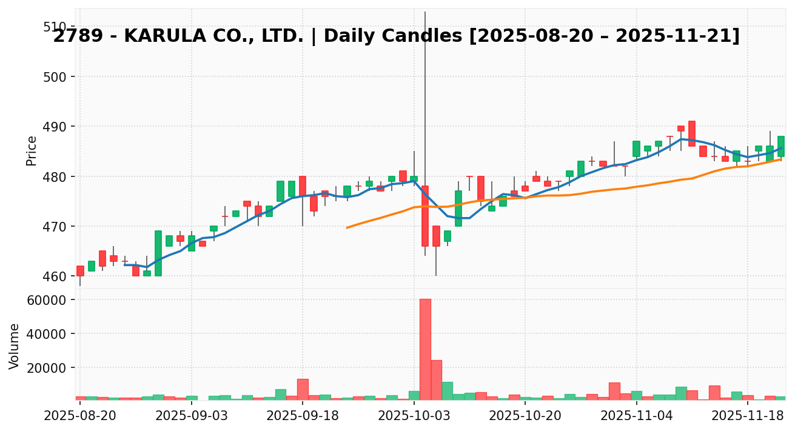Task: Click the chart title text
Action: pyautogui.click(x=397, y=36)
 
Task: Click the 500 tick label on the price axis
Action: pyautogui.click(x=55, y=76)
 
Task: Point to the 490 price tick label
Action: pyautogui.click(x=55, y=126)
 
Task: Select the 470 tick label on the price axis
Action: pyautogui.click(x=55, y=226)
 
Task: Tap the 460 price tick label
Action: pyautogui.click(x=55, y=276)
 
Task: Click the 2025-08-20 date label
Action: pyautogui.click(x=79, y=417)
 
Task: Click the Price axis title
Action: pyautogui.click(x=32, y=150)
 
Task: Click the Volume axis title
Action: pyautogui.click(x=15, y=346)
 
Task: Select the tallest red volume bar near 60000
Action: pyautogui.click(x=425, y=349)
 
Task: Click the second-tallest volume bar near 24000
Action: pyautogui.click(x=436, y=380)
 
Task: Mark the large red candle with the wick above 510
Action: pyautogui.click(x=425, y=216)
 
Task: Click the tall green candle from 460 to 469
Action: pyautogui.click(x=158, y=253)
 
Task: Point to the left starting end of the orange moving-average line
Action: pyautogui.click(x=347, y=227)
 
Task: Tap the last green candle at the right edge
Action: pyautogui.click(x=781, y=146)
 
